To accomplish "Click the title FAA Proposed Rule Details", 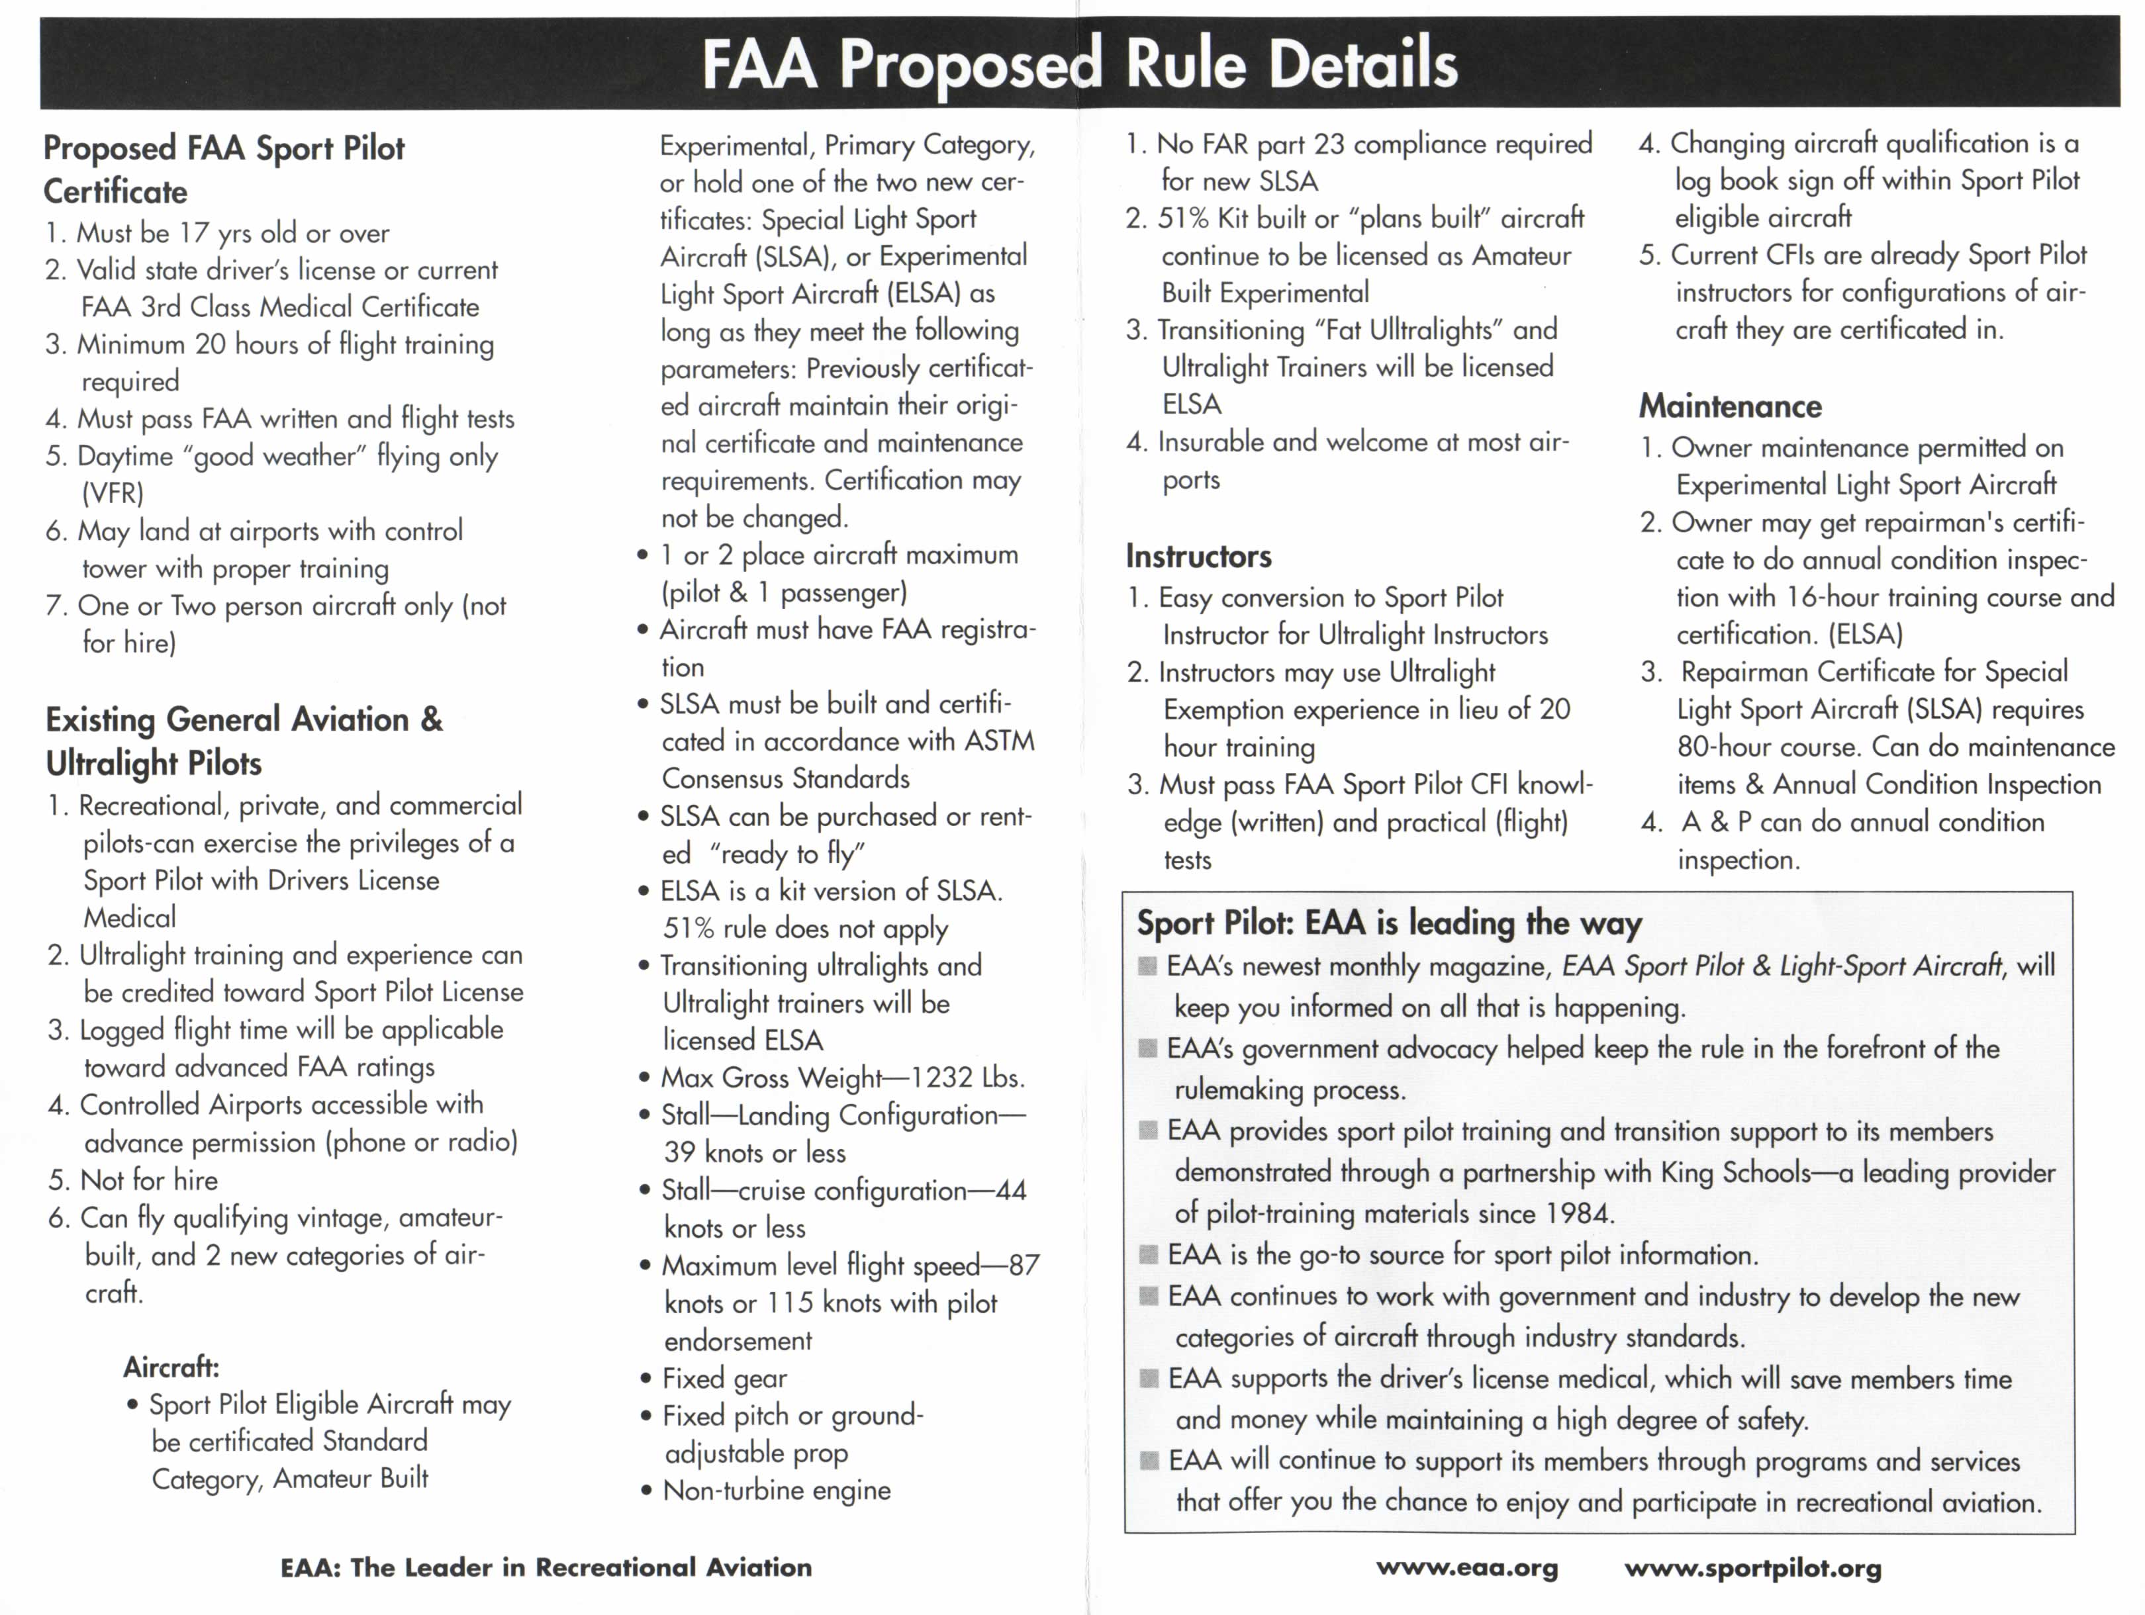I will [1078, 64].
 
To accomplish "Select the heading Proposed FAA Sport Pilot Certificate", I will [223, 169].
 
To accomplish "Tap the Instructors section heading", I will [1198, 557].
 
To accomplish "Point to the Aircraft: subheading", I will [171, 1367].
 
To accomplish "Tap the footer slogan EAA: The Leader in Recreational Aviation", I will [546, 1567].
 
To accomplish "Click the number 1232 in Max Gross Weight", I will [943, 1078].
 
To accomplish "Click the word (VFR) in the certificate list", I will [113, 493].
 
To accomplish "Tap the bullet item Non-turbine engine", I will [776, 1490].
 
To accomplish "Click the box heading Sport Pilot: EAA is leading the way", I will [1389, 923].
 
